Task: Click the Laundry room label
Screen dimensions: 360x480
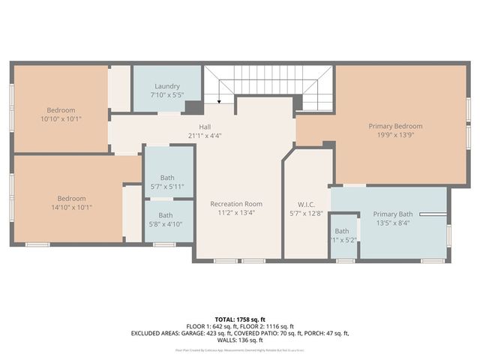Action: coord(167,86)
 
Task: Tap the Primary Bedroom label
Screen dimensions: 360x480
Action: coord(395,126)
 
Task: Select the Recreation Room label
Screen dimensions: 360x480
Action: coord(236,203)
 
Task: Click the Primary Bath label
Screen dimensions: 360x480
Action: coord(393,214)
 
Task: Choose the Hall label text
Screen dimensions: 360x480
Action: coord(205,127)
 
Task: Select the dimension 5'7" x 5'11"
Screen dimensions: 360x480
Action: coord(168,186)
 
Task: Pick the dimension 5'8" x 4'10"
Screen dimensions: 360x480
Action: coord(166,223)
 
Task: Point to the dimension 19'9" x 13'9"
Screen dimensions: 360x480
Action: coord(395,136)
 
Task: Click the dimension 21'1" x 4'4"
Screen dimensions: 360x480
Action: coord(205,136)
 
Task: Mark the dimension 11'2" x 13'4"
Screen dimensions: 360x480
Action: coord(236,212)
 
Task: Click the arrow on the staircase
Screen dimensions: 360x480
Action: coord(218,99)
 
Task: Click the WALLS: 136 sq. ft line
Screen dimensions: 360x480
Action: coord(240,340)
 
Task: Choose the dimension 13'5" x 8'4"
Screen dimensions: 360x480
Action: coord(393,223)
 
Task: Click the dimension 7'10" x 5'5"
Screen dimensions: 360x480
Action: coord(167,95)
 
